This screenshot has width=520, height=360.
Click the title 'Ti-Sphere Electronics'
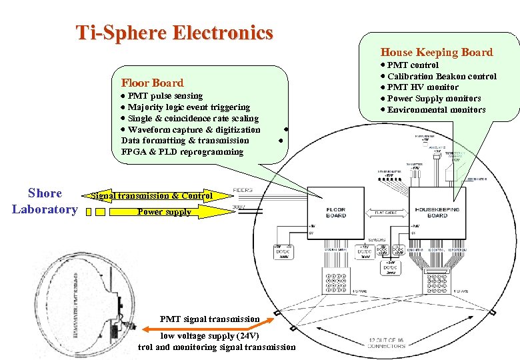click(174, 32)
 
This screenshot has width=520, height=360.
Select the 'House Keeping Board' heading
click(436, 52)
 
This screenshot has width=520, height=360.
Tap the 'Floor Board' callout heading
click(152, 83)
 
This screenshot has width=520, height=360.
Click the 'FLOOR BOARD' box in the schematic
click(335, 213)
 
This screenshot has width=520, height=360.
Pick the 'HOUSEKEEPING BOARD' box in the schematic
click(437, 212)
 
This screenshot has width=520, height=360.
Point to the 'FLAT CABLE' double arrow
click(386, 213)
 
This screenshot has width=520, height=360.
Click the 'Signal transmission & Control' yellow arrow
click(152, 196)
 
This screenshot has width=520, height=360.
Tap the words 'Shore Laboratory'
click(45, 201)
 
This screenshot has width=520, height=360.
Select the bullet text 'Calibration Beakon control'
click(441, 76)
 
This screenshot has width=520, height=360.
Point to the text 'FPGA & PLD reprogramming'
click(182, 151)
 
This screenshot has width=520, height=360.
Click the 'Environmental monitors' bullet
click(436, 109)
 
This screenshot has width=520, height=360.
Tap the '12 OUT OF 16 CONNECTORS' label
click(386, 343)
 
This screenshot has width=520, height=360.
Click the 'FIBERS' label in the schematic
click(243, 190)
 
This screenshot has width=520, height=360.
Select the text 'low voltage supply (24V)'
click(209, 335)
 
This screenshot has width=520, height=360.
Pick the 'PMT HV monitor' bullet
click(423, 87)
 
